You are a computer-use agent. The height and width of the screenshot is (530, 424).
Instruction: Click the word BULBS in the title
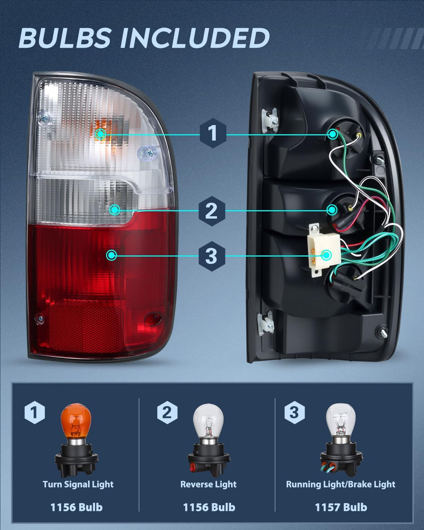tap(64, 38)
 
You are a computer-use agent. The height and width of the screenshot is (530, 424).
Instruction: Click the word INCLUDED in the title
tap(195, 38)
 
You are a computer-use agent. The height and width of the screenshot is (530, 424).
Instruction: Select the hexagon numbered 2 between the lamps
tap(212, 211)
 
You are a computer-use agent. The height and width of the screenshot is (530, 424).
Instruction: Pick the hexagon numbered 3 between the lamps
tap(212, 256)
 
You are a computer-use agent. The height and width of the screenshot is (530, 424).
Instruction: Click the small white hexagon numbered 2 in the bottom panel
tap(167, 413)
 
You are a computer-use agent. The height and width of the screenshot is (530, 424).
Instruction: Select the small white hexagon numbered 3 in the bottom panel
tap(294, 413)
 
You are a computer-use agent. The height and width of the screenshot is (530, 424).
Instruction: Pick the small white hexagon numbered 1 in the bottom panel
tap(35, 413)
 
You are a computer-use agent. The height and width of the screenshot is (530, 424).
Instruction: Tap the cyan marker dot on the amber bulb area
tap(100, 134)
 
